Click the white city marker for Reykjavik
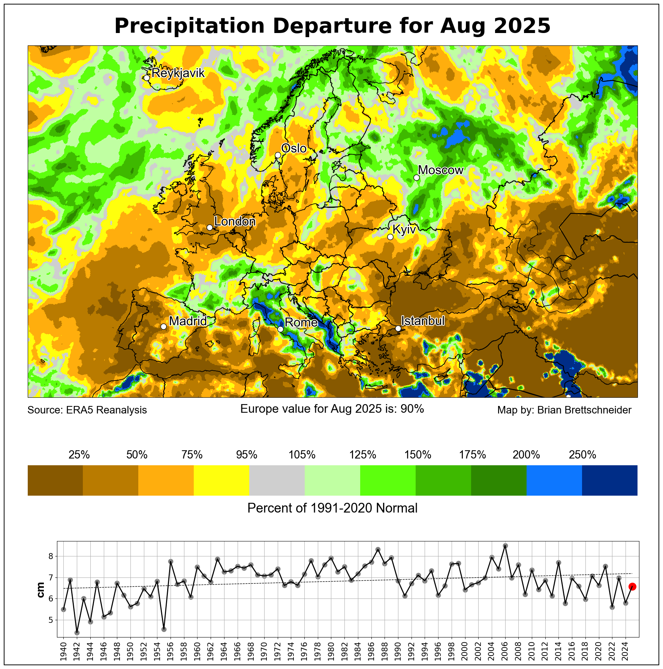(x=147, y=78)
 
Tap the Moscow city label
(x=441, y=170)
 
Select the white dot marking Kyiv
(x=390, y=237)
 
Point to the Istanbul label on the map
(x=423, y=321)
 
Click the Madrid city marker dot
(x=163, y=326)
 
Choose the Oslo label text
(x=294, y=149)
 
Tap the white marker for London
(x=210, y=227)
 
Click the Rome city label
(x=301, y=323)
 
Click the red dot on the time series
(x=632, y=587)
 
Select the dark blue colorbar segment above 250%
(x=610, y=481)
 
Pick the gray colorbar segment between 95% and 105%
(x=277, y=481)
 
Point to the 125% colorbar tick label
(x=363, y=455)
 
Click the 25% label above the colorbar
(x=79, y=455)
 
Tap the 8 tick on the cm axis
(x=51, y=556)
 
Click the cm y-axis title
(x=41, y=589)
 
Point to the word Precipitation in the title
(x=189, y=26)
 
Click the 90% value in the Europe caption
(x=412, y=409)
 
